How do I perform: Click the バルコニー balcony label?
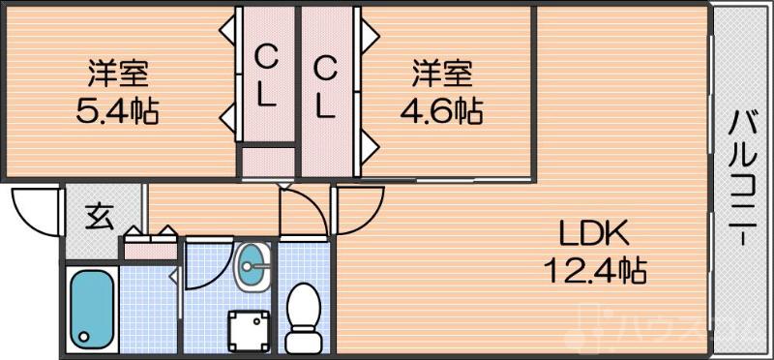pyautogui.click(x=742, y=179)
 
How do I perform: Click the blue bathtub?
pyautogui.click(x=92, y=307)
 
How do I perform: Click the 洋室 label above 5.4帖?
pyautogui.click(x=117, y=72)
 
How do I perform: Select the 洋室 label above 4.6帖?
pyautogui.click(x=442, y=72)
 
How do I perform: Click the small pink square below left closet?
pyautogui.click(x=267, y=161)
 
